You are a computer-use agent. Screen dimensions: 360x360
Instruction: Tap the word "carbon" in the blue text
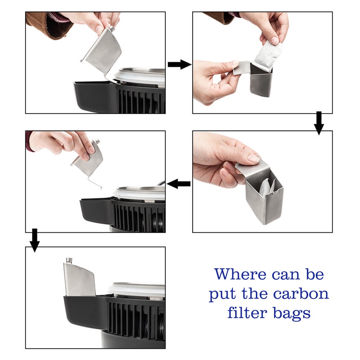(301, 294)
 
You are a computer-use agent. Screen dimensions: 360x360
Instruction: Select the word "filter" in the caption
(247, 313)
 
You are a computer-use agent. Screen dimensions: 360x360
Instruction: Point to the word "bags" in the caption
(292, 314)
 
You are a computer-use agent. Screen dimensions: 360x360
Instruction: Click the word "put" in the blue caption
(223, 295)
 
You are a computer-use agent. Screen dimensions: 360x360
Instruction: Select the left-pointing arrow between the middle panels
(179, 184)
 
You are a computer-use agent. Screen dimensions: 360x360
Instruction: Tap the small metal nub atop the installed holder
(69, 261)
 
